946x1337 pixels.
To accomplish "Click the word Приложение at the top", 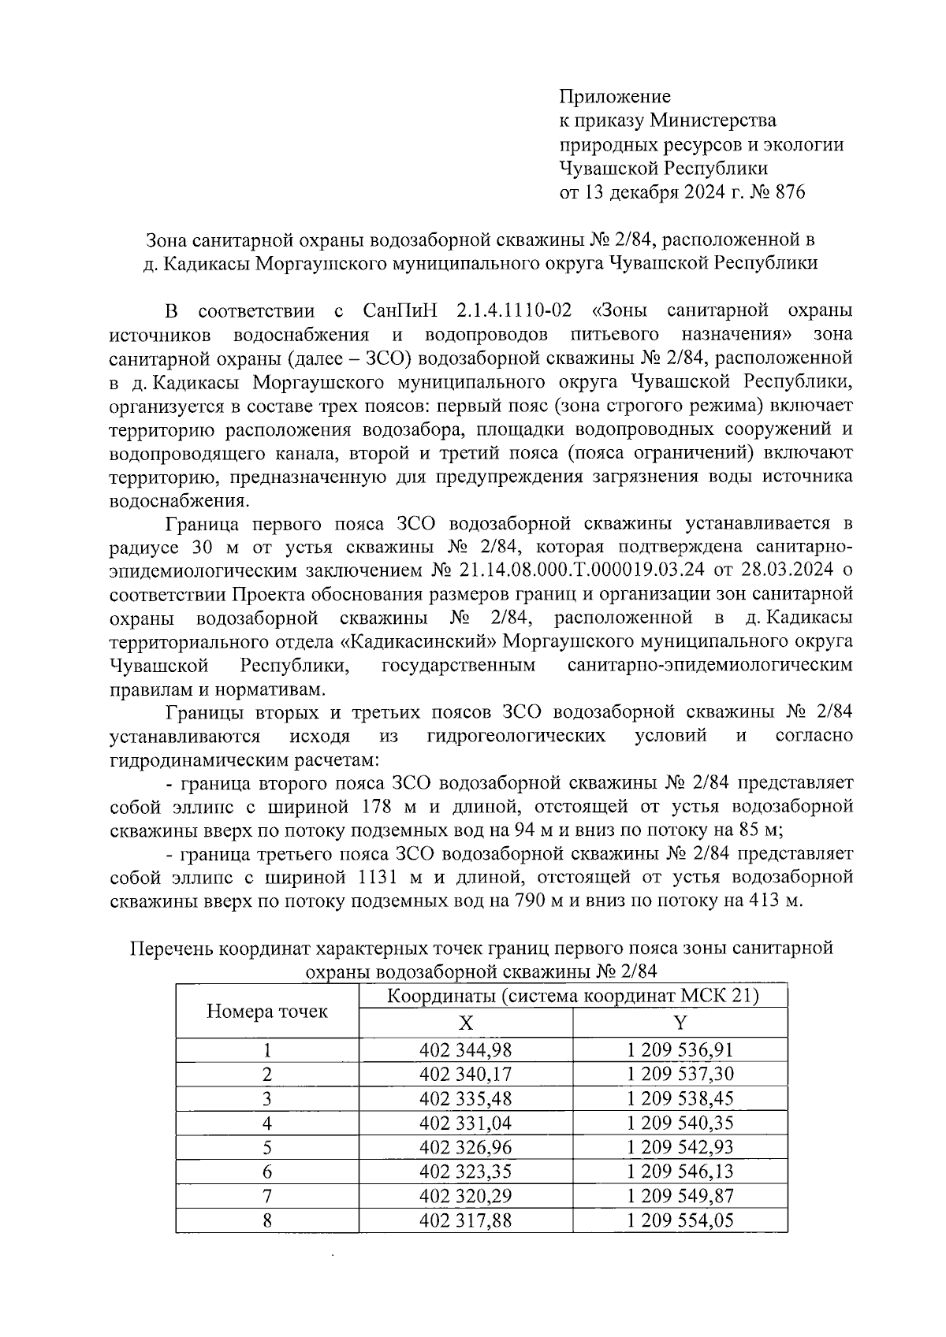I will [615, 97].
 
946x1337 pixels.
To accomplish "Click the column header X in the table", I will [466, 1023].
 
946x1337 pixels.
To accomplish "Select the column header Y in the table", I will [680, 1023].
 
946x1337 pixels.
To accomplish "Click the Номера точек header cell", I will [266, 1012].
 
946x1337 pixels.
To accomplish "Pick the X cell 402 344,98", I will [466, 1050].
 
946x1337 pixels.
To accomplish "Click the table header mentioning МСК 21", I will [573, 997].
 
